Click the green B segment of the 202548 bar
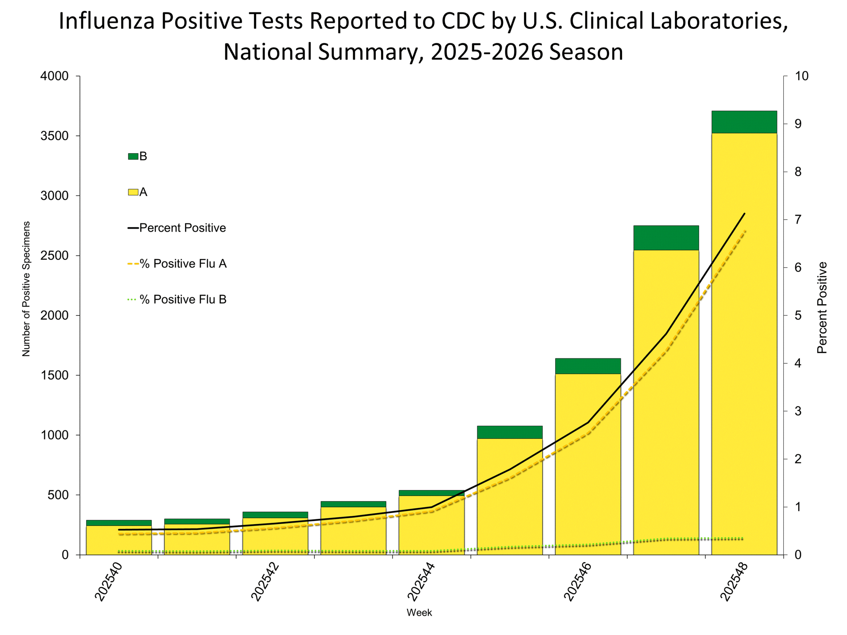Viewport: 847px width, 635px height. tap(744, 122)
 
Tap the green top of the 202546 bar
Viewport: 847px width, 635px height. tap(588, 366)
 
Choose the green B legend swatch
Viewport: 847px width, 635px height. tap(133, 156)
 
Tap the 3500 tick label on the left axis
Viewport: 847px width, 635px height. tap(54, 136)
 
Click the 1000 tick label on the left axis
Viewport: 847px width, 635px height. tap(54, 435)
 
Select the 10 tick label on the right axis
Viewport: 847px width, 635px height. tap(801, 76)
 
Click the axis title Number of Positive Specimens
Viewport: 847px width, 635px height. tap(26, 289)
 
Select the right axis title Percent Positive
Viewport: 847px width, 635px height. tap(822, 307)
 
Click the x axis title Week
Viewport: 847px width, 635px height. tap(419, 613)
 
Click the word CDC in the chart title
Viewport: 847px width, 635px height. tap(463, 21)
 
